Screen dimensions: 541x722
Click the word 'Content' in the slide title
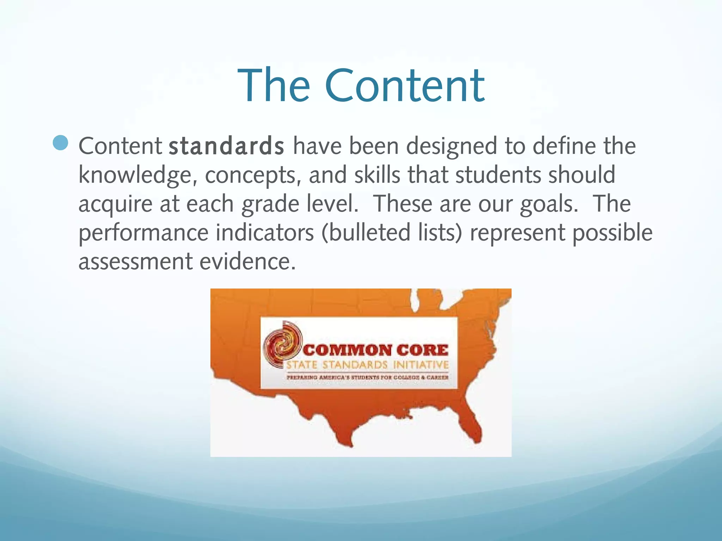(x=405, y=86)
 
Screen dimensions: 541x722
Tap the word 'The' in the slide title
(x=274, y=86)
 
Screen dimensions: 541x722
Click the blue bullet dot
(x=61, y=143)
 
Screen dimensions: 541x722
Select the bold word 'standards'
(x=226, y=146)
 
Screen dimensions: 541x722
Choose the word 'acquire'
(x=115, y=204)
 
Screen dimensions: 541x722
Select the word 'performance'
(x=143, y=233)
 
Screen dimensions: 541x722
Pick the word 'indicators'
(x=264, y=233)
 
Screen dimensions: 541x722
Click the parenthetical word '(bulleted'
(x=366, y=233)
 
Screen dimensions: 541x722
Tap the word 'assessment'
(x=135, y=262)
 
